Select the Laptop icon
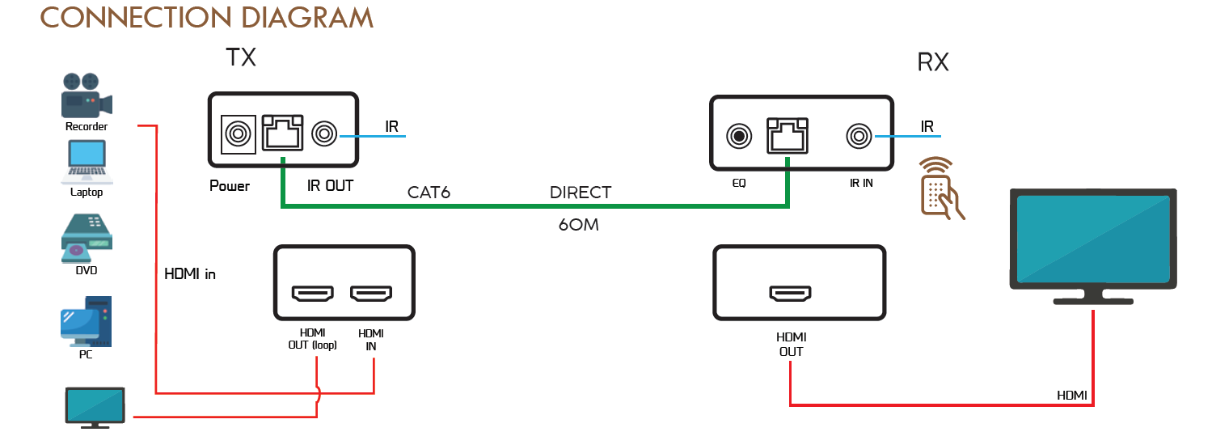point(87,162)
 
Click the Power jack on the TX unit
point(238,133)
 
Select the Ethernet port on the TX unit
point(284,133)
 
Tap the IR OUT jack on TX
point(326,133)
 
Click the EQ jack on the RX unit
point(739,136)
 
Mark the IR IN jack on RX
point(858,136)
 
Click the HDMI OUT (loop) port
point(313,294)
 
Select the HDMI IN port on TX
point(371,294)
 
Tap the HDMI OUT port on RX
point(790,294)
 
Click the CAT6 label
point(429,193)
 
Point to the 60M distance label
point(578,225)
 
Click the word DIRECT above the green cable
point(580,193)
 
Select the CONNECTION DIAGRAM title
point(207,17)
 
